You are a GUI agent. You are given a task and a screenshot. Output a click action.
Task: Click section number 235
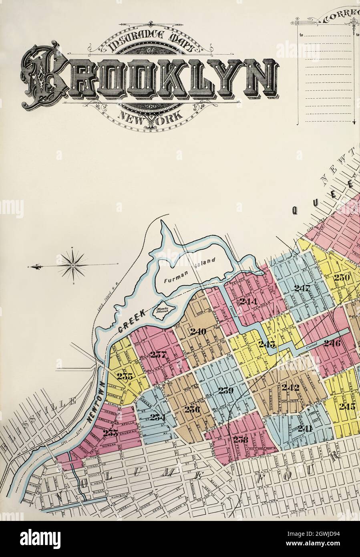tap(125, 376)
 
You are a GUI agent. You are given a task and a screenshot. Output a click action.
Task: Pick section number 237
tap(158, 354)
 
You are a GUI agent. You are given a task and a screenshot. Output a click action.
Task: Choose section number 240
tap(198, 331)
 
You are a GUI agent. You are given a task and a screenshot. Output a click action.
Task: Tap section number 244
tap(248, 301)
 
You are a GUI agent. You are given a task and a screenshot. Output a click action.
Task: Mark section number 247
tap(302, 288)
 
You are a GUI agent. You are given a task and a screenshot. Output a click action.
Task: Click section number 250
tap(342, 278)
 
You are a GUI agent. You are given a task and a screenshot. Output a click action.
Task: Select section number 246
tap(332, 343)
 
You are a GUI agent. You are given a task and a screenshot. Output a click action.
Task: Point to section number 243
tap(267, 344)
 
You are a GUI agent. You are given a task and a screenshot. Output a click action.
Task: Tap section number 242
tap(290, 387)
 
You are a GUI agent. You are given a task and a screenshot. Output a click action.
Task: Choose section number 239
tap(225, 391)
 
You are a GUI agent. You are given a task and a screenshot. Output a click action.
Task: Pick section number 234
tap(158, 417)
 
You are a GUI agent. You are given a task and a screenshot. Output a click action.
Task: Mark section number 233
tap(111, 432)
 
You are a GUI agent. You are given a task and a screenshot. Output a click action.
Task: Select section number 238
tap(241, 439)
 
